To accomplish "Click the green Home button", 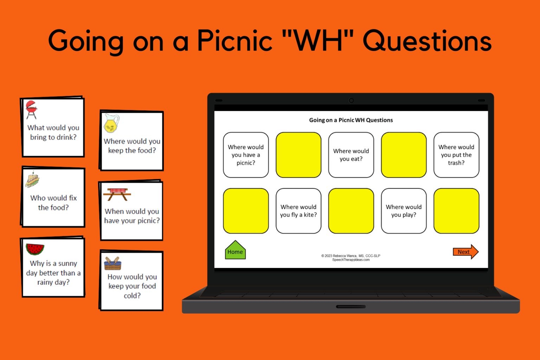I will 235,251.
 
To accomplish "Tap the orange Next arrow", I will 465,252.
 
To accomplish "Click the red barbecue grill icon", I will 31,110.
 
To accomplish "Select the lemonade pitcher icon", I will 111,123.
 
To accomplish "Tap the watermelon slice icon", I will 35,249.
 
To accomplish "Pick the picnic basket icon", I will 112,263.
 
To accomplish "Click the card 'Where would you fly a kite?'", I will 298,211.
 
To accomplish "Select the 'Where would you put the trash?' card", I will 456,155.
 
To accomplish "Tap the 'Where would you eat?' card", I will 351,155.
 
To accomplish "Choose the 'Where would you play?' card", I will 404,211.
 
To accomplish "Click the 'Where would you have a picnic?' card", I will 246,155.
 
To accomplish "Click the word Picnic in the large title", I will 234,41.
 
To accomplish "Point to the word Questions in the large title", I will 427,41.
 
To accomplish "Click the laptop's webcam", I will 351,101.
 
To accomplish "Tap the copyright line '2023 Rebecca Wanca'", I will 351,256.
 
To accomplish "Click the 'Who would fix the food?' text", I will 53,203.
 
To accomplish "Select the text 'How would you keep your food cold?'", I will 132,286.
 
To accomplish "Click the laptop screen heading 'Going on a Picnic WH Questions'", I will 351,120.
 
